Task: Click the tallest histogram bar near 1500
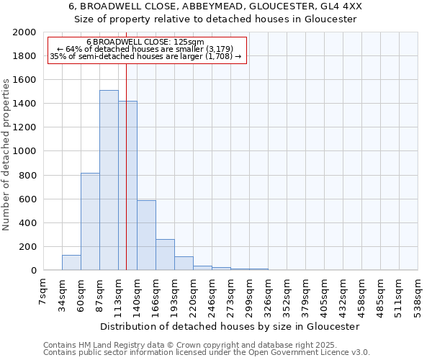point(109,180)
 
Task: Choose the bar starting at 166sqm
point(165,255)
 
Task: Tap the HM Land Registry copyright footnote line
point(195,345)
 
